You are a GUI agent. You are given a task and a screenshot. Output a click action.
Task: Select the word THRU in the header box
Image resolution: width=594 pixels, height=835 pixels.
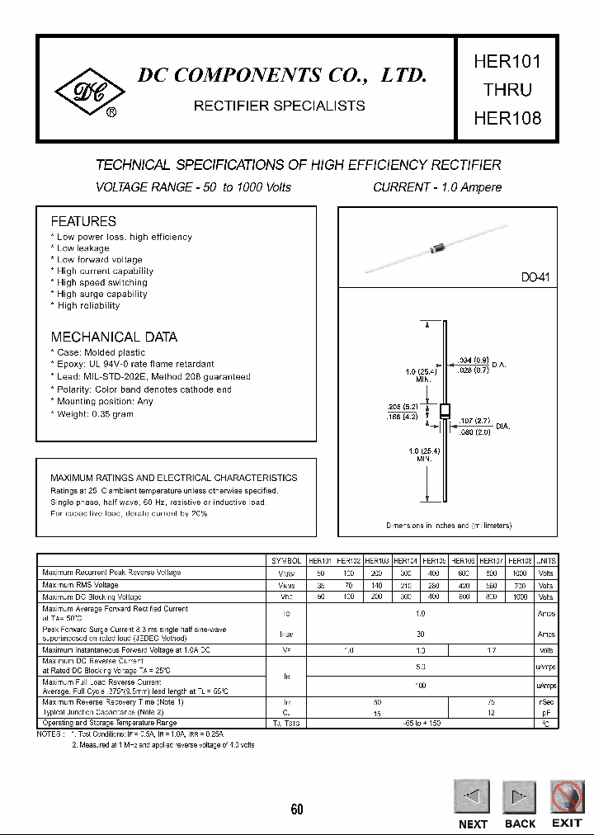[507, 89]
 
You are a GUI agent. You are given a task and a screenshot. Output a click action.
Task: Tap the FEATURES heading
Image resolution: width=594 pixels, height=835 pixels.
[83, 221]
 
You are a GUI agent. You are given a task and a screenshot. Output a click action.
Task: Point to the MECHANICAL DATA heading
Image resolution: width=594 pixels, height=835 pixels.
[114, 337]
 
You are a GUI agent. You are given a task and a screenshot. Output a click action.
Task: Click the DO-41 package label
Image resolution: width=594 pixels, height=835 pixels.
[535, 279]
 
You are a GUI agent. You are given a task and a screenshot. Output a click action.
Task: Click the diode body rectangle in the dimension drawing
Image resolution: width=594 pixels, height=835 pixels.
[445, 411]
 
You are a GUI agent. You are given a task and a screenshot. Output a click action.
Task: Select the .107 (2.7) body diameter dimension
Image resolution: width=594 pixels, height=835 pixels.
[474, 421]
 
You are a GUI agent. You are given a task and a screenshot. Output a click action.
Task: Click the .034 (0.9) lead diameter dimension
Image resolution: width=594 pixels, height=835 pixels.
[473, 359]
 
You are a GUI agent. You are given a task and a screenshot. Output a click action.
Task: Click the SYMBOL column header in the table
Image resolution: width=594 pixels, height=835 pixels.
[286, 560]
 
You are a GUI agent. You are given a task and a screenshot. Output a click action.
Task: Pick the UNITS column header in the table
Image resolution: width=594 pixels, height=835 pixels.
[545, 560]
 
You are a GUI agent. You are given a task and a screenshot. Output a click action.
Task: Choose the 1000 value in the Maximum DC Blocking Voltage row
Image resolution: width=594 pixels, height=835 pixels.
[520, 597]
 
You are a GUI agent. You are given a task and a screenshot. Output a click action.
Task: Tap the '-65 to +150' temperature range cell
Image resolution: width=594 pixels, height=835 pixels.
[420, 723]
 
